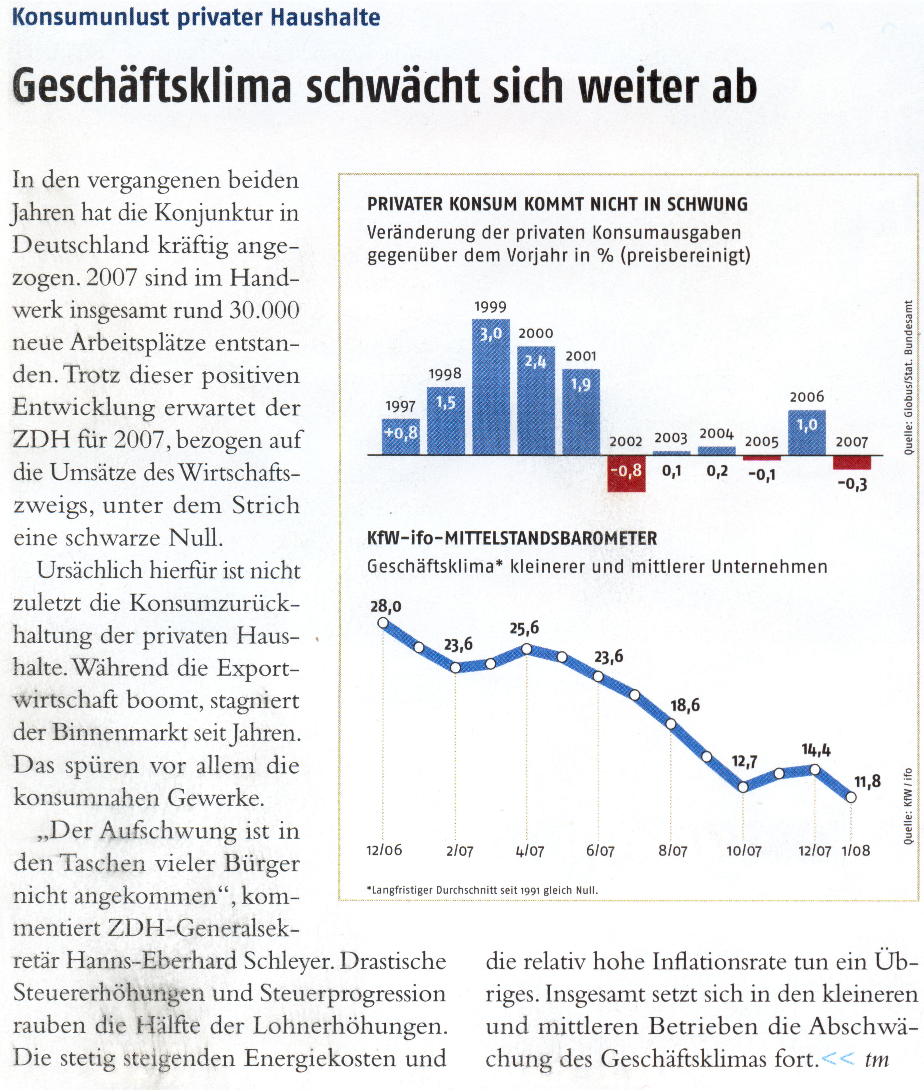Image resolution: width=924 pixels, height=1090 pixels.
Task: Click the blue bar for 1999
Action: click(491, 387)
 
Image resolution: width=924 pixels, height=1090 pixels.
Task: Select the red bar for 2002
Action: click(626, 474)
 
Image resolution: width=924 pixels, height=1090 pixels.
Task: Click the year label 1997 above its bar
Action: click(401, 406)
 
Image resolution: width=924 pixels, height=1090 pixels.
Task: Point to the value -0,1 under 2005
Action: click(762, 475)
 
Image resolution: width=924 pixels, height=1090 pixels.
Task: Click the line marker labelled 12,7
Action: click(743, 787)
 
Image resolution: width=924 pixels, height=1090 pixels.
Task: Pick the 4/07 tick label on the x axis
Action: click(529, 851)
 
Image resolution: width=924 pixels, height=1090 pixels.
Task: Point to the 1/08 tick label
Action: click(855, 850)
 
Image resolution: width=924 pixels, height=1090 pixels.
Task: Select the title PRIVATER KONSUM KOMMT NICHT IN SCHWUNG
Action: click(557, 204)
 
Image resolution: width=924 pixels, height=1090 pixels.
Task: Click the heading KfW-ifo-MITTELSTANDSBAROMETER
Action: click(512, 538)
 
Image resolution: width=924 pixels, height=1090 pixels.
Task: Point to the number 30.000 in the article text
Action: click(264, 310)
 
